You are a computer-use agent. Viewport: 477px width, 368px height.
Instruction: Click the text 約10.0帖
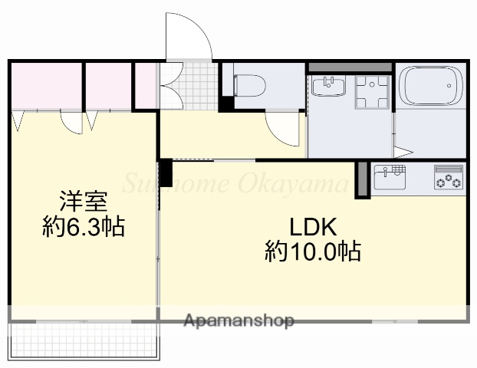313,251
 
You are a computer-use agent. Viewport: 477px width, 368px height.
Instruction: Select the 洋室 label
84,202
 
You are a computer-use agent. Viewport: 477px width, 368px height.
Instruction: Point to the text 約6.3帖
84,228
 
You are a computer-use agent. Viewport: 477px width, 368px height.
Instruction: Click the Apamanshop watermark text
238,321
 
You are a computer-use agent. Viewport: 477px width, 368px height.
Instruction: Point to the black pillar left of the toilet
226,100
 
